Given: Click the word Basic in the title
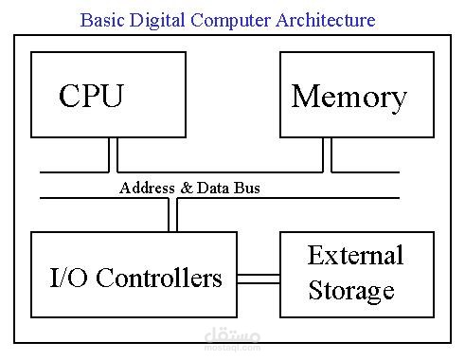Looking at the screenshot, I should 101,20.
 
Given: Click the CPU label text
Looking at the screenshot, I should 91,97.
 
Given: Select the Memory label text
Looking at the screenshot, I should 349,97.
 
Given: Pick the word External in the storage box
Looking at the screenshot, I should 355,255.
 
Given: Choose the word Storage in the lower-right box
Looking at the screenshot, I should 350,290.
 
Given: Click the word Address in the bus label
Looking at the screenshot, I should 147,188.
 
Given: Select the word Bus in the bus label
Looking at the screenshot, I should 247,188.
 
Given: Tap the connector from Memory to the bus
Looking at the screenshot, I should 328,154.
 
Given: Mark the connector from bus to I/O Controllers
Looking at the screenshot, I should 173,215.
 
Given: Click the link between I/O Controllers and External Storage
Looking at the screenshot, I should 258,279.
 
